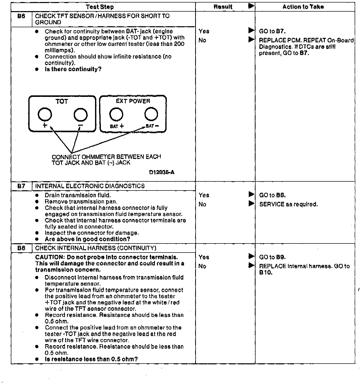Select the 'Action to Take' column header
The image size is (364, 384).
pos(303,7)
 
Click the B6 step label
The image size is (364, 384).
pos(21,16)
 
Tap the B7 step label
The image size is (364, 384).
pos(21,186)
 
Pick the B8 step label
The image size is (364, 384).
pos(21,248)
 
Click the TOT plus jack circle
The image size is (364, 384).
pos(45,115)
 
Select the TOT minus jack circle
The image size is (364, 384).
pos(81,115)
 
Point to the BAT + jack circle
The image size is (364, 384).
pos(116,114)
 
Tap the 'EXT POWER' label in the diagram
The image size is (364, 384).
pos(133,101)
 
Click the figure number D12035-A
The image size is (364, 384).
pos(162,172)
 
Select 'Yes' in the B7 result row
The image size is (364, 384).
pos(204,195)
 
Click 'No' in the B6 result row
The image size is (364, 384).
pos(202,40)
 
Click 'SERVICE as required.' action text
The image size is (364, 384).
pos(288,204)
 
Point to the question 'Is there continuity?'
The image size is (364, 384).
pos(73,69)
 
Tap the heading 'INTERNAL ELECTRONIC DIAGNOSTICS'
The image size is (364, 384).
pos(90,186)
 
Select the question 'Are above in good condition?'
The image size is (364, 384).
pos(87,239)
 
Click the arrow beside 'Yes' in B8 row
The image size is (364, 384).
pos(251,257)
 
